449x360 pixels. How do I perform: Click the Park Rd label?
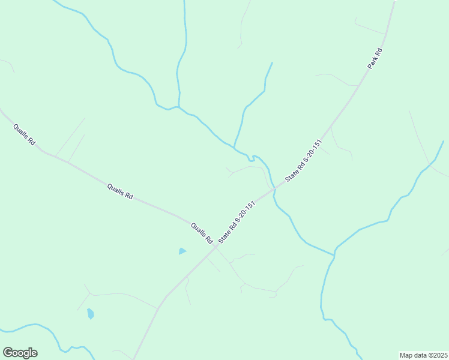click(376, 58)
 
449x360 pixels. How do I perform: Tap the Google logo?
click(20, 353)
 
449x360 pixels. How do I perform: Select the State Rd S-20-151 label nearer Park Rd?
click(304, 160)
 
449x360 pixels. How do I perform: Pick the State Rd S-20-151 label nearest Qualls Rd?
click(238, 222)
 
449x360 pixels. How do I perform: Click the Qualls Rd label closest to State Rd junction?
click(202, 233)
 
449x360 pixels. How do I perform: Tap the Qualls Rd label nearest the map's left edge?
click(25, 136)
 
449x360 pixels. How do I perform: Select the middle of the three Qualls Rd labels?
click(120, 191)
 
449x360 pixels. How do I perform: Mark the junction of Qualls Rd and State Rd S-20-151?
click(215, 246)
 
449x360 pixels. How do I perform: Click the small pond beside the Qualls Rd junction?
click(182, 251)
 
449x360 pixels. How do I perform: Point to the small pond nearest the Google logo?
click(90, 313)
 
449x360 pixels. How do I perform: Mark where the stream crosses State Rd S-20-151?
click(274, 190)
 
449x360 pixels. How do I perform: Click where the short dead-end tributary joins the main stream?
click(234, 146)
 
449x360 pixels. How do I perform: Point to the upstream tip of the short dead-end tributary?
click(273, 62)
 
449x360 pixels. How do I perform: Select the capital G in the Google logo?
click(8, 353)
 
